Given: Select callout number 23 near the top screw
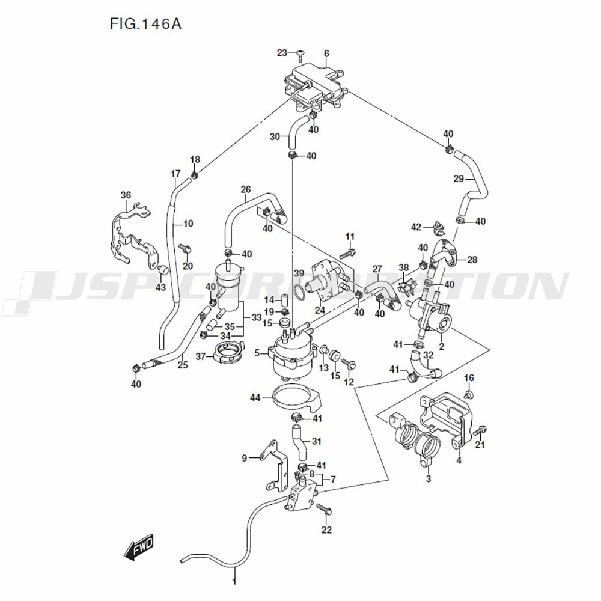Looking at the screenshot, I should coord(282,53).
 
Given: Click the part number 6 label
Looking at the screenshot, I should coord(326,53).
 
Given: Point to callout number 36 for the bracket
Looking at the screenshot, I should coord(126,195).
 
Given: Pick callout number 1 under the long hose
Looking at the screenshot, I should coord(235,581).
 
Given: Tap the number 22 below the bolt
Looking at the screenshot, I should coord(326,529).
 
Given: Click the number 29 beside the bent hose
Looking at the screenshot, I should coord(459,178).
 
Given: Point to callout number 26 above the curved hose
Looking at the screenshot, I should coord(246,190).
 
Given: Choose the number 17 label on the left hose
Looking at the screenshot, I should coord(175,174).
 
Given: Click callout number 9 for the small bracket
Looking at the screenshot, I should coord(245,458).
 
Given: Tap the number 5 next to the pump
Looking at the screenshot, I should coord(257,353).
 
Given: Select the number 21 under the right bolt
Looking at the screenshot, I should coord(480,445).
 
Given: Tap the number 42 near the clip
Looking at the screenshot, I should coord(416,227).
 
